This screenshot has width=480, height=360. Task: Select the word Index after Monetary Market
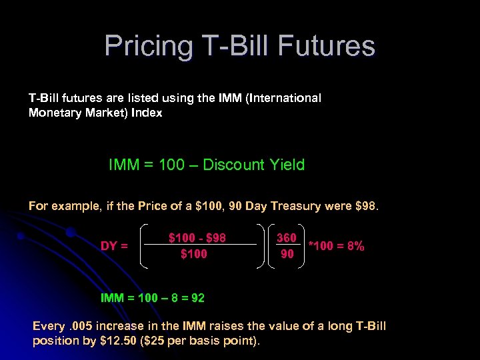point(147,113)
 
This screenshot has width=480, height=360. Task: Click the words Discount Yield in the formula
point(253,165)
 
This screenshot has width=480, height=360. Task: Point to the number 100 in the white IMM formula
point(171,165)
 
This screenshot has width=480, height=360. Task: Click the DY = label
point(114,246)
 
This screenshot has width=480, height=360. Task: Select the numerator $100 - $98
point(197,238)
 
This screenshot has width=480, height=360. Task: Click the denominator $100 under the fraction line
point(194,254)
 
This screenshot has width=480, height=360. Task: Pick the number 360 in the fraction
point(287,238)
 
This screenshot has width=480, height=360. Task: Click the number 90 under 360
point(287,254)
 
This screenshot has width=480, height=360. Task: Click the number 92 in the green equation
point(197,298)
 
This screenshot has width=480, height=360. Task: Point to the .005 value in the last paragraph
point(79,326)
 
